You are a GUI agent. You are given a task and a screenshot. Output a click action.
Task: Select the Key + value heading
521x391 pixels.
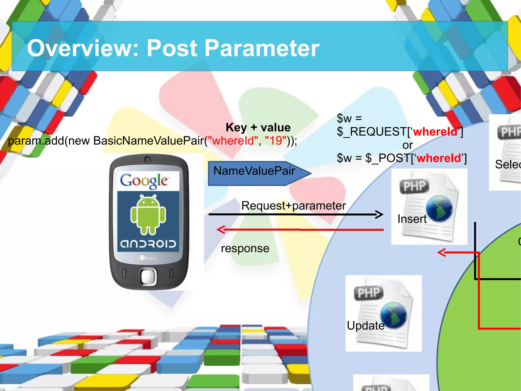(x=258, y=127)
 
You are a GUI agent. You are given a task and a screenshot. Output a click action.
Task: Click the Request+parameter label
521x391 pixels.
(x=293, y=206)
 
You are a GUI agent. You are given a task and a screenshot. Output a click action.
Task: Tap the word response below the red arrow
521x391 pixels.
(x=245, y=248)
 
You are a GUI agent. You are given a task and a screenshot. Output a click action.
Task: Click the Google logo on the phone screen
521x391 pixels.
(x=144, y=181)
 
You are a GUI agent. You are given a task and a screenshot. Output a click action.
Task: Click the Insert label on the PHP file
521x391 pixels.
(x=412, y=219)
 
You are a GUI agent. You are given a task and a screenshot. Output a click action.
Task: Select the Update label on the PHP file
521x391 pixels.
(x=366, y=326)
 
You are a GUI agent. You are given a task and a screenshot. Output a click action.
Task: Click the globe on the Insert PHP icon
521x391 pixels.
(x=439, y=208)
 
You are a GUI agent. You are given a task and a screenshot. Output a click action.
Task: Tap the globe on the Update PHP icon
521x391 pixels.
(x=394, y=315)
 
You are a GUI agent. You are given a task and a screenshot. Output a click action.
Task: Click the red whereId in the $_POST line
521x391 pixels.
(x=439, y=158)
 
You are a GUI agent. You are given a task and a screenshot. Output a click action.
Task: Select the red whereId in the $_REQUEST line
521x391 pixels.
(x=435, y=132)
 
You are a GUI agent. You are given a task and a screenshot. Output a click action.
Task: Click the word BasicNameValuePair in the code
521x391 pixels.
(x=149, y=141)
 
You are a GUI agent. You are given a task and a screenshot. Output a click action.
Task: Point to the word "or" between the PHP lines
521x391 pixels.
(x=408, y=145)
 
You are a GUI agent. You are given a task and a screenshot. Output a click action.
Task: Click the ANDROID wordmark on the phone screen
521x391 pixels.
(x=148, y=244)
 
